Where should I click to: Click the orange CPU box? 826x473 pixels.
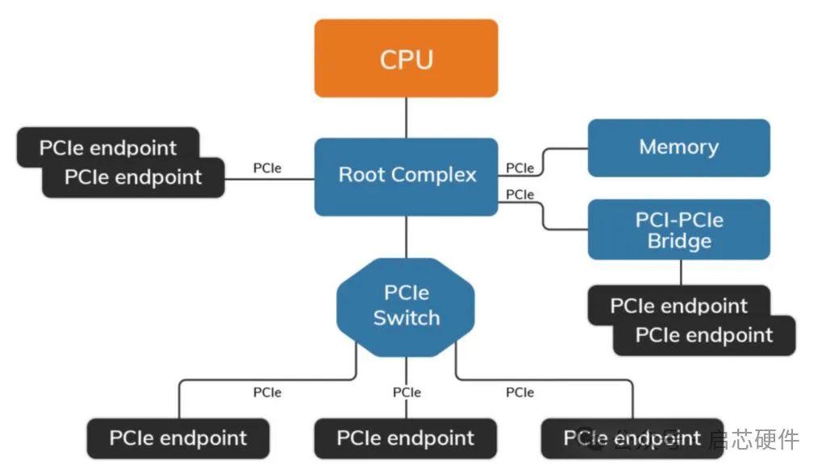click(406, 58)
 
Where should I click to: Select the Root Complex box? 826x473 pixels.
click(406, 176)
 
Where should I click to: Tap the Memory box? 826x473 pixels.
click(678, 147)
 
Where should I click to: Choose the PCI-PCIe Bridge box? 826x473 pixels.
click(678, 230)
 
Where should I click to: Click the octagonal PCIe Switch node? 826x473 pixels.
click(406, 305)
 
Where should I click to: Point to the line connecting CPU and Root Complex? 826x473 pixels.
click(406, 118)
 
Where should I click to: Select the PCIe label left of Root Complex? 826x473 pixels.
click(267, 168)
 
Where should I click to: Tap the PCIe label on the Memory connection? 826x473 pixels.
click(519, 168)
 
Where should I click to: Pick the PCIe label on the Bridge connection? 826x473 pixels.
click(519, 194)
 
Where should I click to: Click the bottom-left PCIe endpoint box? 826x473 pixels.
click(177, 438)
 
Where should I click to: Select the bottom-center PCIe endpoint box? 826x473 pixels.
click(405, 438)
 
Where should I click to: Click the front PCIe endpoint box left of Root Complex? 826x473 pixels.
click(133, 177)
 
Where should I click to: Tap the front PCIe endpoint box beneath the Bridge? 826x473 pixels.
click(703, 336)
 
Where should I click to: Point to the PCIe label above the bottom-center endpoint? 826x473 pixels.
click(407, 392)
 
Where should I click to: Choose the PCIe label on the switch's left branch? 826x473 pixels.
click(267, 392)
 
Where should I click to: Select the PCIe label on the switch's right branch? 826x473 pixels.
click(519, 392)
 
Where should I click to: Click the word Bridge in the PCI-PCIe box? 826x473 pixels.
click(678, 241)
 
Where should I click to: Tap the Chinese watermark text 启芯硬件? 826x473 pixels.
click(754, 439)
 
